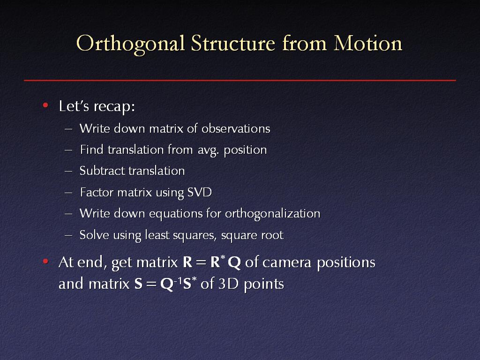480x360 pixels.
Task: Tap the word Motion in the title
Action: [367, 43]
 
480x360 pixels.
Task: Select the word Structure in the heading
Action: [233, 43]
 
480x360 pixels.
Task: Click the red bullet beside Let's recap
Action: [45, 105]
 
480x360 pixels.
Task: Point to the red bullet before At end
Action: [45, 262]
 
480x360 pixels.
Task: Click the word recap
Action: [114, 107]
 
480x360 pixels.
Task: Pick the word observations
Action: [236, 128]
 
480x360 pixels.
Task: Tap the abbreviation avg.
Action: [208, 150]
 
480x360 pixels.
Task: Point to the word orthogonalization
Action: [272, 214]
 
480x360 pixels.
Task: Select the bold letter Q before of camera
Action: [234, 262]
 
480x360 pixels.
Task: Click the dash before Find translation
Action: [68, 150]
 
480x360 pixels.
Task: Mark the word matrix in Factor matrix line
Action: [135, 192]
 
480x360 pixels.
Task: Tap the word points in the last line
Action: [264, 285]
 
